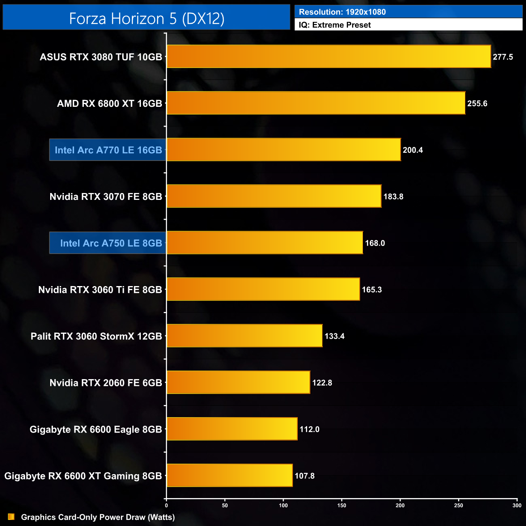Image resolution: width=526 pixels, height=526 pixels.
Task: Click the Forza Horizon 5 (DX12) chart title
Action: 146,19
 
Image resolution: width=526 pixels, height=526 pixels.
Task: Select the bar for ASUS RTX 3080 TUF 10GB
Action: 329,57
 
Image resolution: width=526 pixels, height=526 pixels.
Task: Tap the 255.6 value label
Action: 477,104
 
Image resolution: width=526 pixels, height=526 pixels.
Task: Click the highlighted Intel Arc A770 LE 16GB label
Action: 108,150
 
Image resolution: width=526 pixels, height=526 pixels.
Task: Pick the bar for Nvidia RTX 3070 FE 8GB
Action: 274,196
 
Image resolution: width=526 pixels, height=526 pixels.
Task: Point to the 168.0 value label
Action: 375,243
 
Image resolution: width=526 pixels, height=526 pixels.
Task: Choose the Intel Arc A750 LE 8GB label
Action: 110,243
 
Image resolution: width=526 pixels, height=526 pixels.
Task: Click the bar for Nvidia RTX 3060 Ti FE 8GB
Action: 263,289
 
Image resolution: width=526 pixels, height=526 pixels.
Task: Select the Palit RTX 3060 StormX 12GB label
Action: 96,336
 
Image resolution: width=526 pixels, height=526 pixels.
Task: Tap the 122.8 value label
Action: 322,383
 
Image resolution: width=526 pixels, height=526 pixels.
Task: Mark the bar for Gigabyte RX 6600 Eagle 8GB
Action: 232,429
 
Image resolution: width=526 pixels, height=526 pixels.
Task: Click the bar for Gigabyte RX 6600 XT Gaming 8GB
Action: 229,475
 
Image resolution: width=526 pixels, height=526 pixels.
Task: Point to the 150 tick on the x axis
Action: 342,505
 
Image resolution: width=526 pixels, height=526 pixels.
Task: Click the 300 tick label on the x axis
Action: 517,505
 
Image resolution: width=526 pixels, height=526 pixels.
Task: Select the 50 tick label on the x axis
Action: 225,505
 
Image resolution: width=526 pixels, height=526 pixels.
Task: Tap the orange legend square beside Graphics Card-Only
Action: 11,517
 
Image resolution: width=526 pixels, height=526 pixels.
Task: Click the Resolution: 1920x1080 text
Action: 342,12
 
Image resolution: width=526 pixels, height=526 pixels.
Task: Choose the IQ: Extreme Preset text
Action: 335,25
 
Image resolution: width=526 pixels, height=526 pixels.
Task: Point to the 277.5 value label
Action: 503,57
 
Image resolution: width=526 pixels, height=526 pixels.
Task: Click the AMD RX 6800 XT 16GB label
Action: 109,104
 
